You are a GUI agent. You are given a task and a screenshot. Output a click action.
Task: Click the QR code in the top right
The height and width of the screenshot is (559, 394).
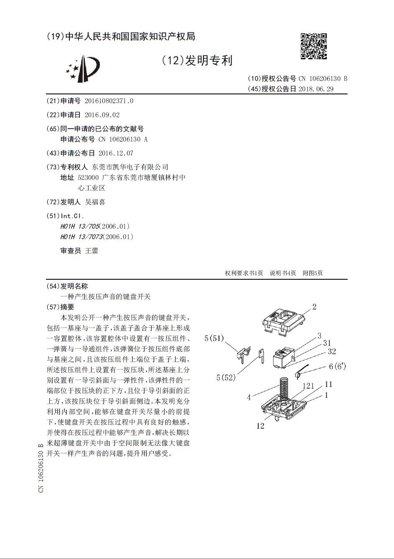point(313,46)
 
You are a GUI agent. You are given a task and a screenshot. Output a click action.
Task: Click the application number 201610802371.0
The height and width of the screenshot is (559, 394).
point(109,101)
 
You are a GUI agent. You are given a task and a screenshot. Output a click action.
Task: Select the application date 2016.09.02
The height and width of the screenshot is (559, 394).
point(102,115)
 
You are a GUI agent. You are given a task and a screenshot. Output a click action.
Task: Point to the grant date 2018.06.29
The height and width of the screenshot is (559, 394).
point(316,89)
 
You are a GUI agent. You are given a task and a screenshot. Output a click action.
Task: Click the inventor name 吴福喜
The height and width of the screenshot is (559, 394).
point(95,202)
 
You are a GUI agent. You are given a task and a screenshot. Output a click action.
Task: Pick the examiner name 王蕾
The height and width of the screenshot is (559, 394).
point(92,250)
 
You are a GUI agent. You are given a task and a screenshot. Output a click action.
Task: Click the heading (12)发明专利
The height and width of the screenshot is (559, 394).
point(197,61)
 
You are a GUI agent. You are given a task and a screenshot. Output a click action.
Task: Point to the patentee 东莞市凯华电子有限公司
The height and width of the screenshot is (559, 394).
point(130,167)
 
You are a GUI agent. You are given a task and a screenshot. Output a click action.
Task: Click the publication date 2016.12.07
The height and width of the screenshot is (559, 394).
point(116,153)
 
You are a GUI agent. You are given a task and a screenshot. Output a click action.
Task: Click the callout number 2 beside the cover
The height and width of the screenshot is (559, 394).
point(314,307)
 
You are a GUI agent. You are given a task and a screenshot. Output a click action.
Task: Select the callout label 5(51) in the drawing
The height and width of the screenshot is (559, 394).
point(214,338)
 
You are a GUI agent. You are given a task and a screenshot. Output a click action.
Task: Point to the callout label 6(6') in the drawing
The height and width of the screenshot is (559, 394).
point(337,367)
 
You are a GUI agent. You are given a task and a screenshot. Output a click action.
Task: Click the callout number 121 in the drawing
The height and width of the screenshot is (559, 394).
point(308,386)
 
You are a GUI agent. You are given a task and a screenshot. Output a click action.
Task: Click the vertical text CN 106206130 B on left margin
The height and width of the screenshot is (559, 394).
point(41,468)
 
